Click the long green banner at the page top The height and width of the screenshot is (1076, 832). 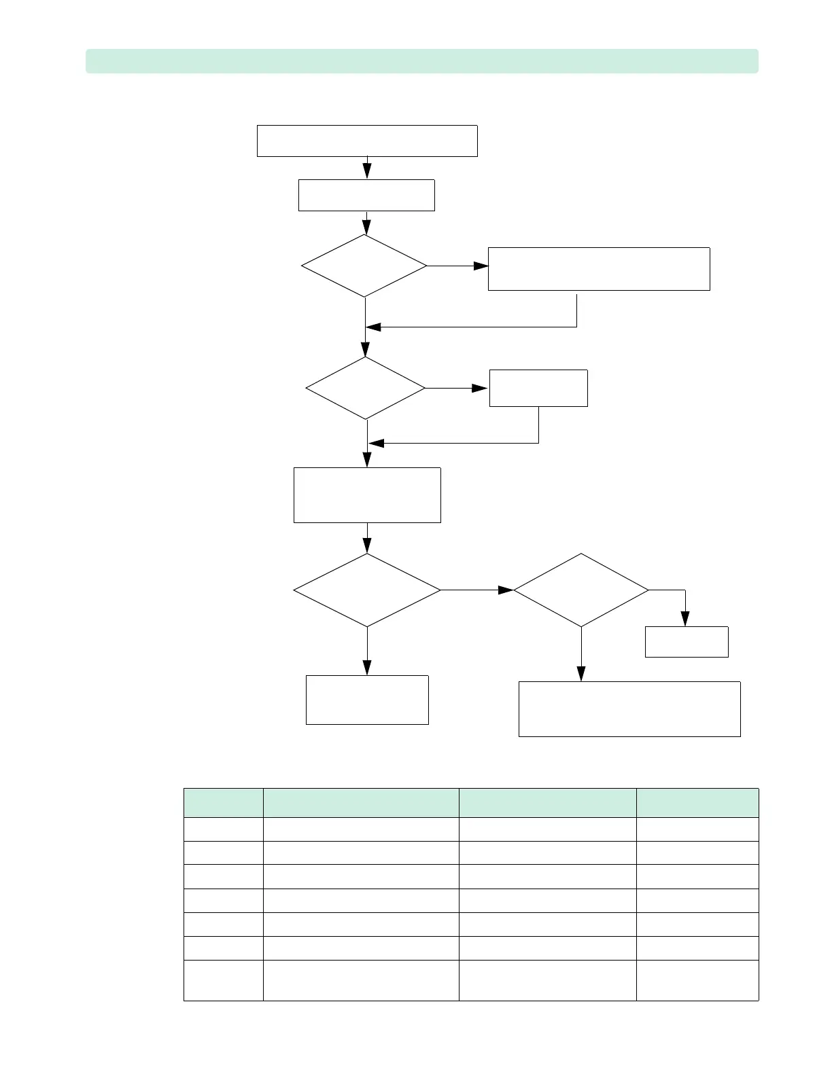421,61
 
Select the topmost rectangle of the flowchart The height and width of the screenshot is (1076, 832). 367,141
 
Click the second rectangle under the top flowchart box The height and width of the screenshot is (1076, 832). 366,195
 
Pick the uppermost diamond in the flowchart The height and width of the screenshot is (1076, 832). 364,266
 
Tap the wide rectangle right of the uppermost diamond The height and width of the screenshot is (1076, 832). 599,269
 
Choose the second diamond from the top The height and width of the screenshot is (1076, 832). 366,389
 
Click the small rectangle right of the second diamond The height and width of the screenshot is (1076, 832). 538,388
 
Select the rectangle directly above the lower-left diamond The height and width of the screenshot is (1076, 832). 367,495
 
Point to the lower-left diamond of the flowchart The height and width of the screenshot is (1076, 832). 367,590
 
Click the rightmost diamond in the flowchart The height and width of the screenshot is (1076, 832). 581,590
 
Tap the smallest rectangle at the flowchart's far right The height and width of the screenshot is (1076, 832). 687,641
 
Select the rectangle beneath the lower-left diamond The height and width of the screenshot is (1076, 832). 367,700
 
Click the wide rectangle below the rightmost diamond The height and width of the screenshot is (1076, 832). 629,709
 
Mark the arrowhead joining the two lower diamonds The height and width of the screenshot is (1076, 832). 506,590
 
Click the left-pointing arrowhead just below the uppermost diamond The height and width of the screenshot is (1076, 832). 374,327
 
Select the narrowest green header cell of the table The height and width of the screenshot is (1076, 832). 224,802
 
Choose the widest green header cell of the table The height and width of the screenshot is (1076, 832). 361,802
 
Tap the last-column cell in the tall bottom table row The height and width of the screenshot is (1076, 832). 697,980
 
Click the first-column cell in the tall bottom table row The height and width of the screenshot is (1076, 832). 224,980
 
